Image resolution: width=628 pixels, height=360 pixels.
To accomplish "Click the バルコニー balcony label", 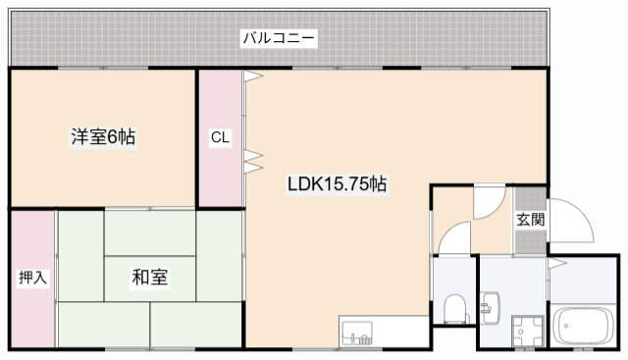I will coord(280,39).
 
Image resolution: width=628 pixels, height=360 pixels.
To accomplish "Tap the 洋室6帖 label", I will coord(102,138).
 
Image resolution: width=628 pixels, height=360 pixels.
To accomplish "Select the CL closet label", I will coord(220,138).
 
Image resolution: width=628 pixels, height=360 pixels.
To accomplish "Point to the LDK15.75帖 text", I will coord(336,183).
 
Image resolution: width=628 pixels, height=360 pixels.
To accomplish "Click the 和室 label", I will coord(149,278).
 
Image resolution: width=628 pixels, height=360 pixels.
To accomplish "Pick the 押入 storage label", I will coord(32,278).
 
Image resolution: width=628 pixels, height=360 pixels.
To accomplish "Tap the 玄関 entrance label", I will coord(531,220).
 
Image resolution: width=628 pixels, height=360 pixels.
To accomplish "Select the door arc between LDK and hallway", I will coord(488,202).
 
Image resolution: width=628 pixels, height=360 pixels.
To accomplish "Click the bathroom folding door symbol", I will coord(555,263).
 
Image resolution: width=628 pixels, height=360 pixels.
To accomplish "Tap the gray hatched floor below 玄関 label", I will coord(531,244).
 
